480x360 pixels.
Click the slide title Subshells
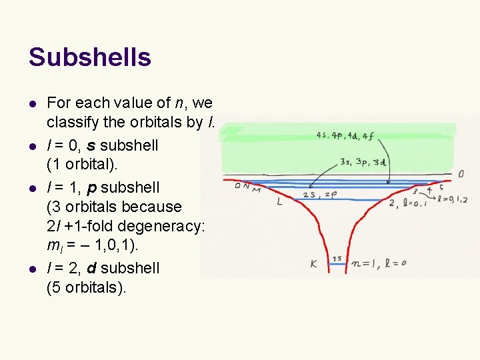(89, 57)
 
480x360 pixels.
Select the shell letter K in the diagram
(313, 264)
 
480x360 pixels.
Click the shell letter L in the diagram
(279, 201)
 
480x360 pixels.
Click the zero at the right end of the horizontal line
(461, 174)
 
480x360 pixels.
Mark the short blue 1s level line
(347, 264)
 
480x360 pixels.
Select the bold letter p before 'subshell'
(90, 186)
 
